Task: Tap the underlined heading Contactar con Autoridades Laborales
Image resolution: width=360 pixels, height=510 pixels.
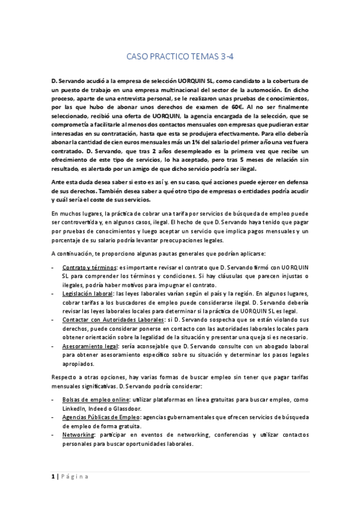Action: coord(115,321)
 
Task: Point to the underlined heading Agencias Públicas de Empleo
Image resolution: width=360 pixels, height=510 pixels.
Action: coord(104,416)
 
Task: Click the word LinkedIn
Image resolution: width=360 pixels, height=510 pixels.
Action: coord(75,407)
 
